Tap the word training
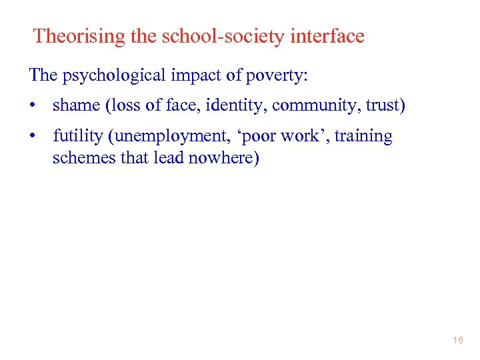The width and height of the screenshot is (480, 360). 363,137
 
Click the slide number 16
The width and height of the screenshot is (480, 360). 457,340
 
